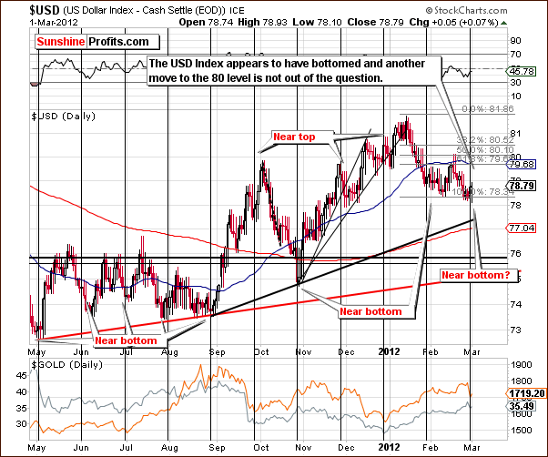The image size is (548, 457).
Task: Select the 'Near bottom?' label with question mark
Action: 474,274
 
